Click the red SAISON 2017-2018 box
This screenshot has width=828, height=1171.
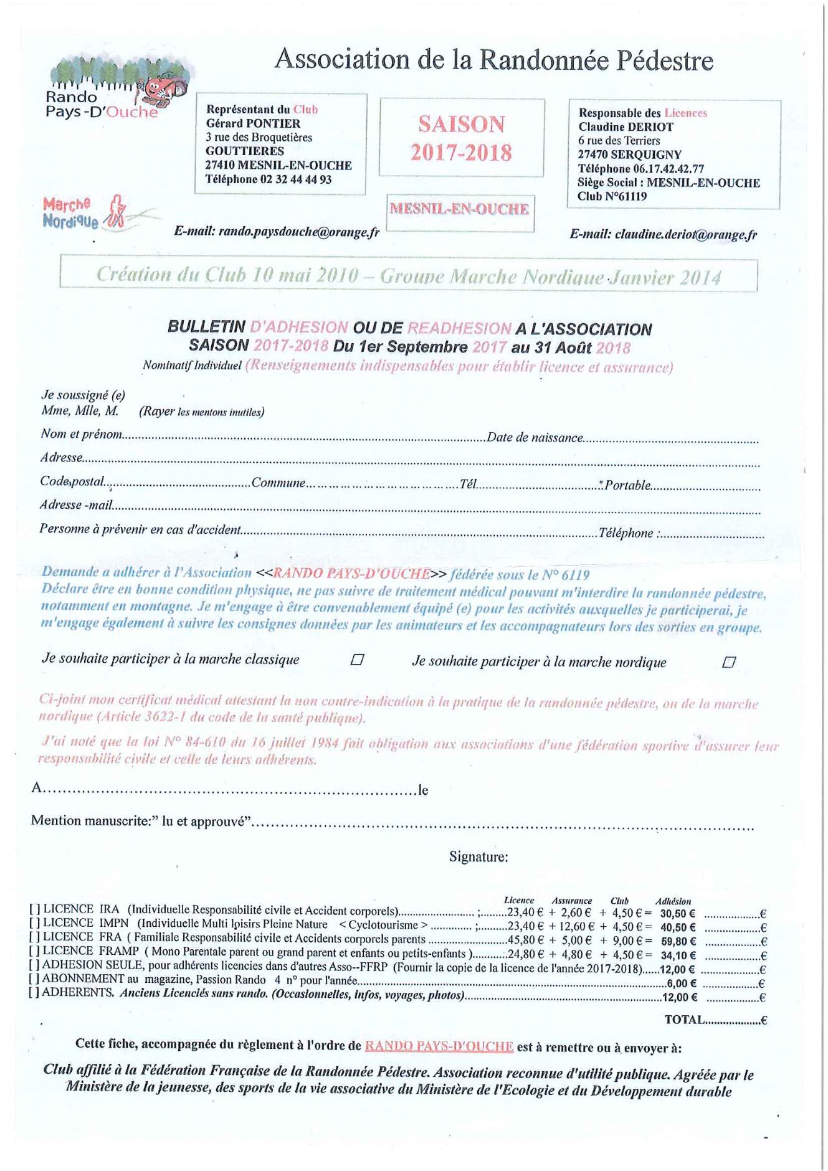pos(461,138)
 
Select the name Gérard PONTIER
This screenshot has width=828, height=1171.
pos(253,123)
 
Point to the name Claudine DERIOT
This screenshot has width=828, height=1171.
pos(626,127)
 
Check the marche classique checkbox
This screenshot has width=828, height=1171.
pos(357,659)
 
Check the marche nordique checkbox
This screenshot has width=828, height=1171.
pos(728,662)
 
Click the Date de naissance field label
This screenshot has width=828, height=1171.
pos(535,437)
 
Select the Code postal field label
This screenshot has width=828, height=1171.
pos(72,481)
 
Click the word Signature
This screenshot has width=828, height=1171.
pos(478,857)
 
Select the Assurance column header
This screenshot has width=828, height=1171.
pos(571,901)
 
